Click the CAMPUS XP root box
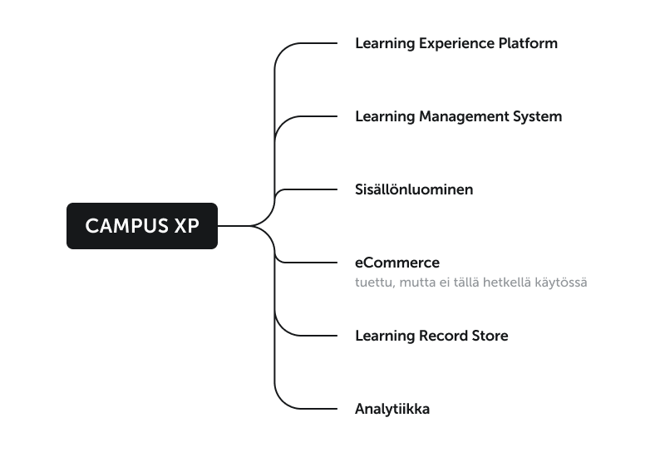click(x=142, y=225)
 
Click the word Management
click(x=464, y=117)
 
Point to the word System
click(x=537, y=117)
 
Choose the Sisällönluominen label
click(x=414, y=189)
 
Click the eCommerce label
click(x=397, y=263)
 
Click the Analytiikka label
click(x=392, y=410)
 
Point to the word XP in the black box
click(x=186, y=226)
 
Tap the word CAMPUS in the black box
click(x=126, y=226)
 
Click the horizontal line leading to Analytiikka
click(x=318, y=409)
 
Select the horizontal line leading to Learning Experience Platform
click(x=318, y=43)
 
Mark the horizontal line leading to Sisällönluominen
click(x=313, y=189)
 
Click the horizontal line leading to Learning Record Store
click(x=318, y=336)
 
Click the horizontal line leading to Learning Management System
click(x=318, y=116)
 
